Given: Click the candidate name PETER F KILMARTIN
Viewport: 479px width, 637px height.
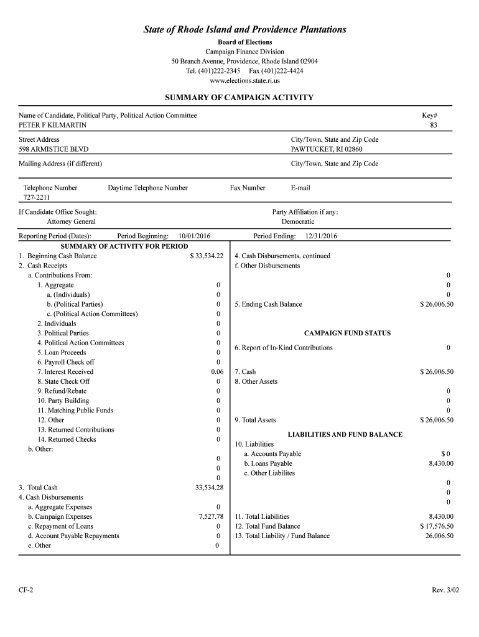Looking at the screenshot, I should [x=53, y=125].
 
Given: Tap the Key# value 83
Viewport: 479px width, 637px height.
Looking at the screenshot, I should [x=434, y=125].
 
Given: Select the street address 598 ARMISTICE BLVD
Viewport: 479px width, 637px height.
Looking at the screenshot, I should [x=53, y=149].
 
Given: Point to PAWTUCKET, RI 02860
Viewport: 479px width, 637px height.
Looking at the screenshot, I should [x=326, y=149].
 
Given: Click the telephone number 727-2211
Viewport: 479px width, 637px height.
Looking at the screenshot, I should [x=37, y=197].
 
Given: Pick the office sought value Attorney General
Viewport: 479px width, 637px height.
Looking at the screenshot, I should [x=71, y=221].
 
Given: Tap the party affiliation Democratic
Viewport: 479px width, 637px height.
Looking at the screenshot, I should [x=298, y=221].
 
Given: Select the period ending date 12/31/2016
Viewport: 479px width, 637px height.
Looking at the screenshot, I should [x=321, y=236].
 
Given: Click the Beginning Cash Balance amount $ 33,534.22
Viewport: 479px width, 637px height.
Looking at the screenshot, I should [x=207, y=256].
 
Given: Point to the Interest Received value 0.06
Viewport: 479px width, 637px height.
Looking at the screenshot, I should [x=217, y=371].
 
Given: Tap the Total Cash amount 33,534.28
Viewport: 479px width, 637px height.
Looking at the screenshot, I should [x=209, y=487].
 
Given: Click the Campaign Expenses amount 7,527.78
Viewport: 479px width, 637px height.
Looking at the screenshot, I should [x=211, y=516].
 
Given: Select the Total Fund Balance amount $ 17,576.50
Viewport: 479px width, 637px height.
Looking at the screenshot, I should [x=437, y=526].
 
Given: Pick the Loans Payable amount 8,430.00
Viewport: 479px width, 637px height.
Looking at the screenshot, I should [x=441, y=463].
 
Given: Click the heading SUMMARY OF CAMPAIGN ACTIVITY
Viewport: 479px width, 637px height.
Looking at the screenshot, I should [x=239, y=98].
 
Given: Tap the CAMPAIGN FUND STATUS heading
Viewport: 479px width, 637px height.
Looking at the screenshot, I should [x=347, y=333].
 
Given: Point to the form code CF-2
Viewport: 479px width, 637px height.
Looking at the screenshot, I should [x=26, y=589].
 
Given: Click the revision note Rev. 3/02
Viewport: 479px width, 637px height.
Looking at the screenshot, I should [x=443, y=589].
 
